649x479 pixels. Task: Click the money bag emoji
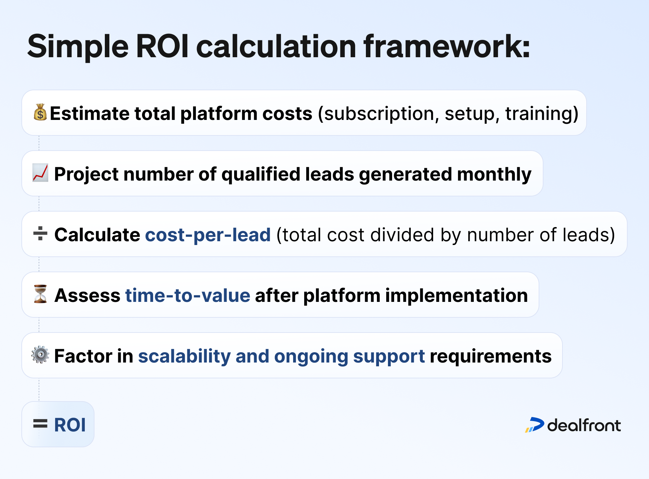click(40, 112)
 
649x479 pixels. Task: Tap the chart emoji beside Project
click(40, 173)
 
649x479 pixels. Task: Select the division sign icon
click(40, 234)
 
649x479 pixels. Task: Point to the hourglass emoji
click(40, 294)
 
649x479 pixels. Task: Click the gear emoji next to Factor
click(40, 355)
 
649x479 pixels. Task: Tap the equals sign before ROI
click(40, 424)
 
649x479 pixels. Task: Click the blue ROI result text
click(70, 425)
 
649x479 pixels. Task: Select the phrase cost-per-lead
click(208, 235)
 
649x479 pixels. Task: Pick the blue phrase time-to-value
click(188, 295)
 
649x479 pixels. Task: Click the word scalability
click(184, 356)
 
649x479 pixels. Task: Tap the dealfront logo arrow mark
click(535, 425)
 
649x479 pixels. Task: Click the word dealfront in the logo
click(584, 425)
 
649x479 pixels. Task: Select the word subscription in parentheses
click(379, 114)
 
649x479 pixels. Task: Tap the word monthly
click(494, 174)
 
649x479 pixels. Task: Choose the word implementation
click(457, 296)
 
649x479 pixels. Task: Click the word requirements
click(490, 356)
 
